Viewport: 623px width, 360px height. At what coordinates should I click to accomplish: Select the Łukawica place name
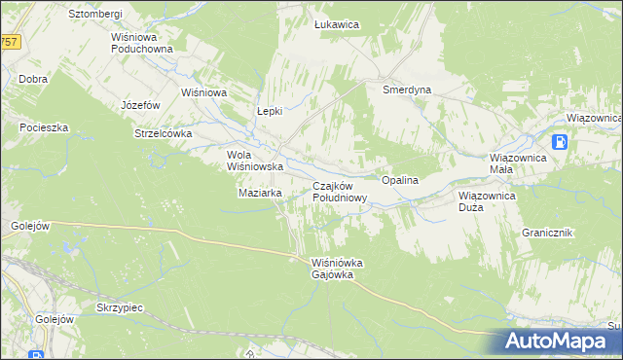338,24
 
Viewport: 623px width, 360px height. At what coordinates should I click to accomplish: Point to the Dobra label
33,79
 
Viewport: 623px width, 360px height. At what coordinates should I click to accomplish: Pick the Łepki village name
269,111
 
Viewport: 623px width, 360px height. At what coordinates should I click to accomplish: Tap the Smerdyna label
407,89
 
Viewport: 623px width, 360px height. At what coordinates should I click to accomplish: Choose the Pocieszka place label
43,127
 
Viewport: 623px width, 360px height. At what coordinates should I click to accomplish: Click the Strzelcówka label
164,134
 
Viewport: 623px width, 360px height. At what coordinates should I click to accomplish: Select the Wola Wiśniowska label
255,161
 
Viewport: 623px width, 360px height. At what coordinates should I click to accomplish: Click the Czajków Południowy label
339,191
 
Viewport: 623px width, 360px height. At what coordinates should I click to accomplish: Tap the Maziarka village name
260,193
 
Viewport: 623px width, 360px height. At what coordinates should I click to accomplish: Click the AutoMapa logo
560,342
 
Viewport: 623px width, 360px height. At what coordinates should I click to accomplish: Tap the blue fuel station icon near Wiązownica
561,142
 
